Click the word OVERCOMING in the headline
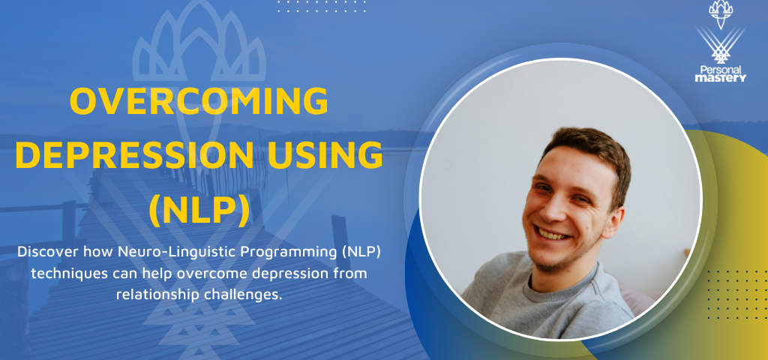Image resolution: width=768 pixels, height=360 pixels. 199,102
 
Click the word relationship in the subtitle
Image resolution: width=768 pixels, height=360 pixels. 157,293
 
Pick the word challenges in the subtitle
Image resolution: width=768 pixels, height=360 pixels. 241,293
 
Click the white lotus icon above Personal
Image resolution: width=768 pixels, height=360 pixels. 720,12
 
